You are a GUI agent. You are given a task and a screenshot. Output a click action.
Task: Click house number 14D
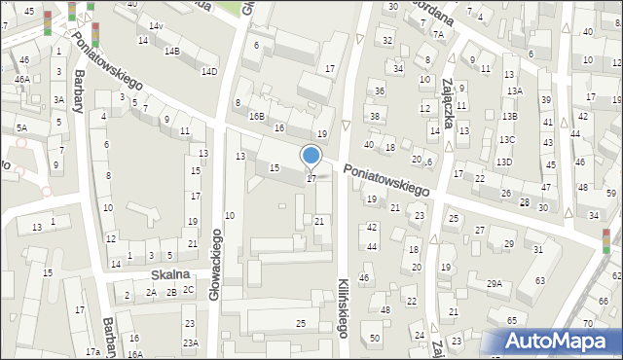tap(208, 71)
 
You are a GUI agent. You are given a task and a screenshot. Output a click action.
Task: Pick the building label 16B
tap(256, 116)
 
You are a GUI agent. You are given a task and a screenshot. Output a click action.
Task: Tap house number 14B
tap(171, 51)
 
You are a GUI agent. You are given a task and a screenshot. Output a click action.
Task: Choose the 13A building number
tap(514, 90)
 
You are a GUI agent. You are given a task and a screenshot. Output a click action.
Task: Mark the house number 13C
tap(507, 139)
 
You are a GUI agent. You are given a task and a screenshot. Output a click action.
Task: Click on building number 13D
tap(502, 162)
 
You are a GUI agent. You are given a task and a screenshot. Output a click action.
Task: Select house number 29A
tap(495, 283)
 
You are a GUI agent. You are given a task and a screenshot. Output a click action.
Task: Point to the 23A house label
tap(190, 342)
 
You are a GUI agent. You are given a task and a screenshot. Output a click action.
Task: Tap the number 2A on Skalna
tap(151, 292)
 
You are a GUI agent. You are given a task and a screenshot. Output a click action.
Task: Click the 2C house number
tap(188, 290)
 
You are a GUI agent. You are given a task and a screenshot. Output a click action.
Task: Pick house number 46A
tap(21, 79)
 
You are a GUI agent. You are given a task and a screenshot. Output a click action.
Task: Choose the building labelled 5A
tap(20, 127)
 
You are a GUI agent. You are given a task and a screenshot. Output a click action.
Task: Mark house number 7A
tap(438, 34)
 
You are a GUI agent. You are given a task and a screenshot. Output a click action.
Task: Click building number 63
tap(539, 280)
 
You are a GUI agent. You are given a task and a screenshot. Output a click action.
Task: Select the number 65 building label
tap(511, 320)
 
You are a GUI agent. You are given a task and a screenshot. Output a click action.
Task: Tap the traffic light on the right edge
tap(605, 240)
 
